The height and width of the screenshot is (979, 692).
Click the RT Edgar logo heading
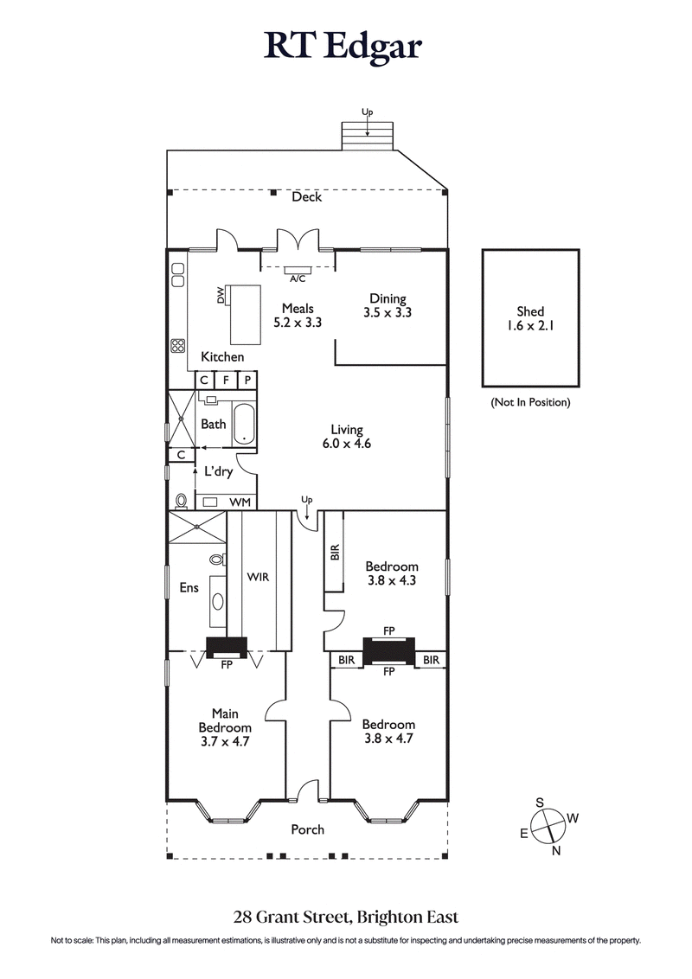343,47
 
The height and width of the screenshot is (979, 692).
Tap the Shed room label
530,318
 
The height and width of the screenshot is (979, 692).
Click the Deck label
306,197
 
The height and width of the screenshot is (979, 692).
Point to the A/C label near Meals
298,278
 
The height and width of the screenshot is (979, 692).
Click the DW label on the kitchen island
221,296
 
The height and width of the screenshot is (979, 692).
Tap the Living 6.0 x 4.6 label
346,436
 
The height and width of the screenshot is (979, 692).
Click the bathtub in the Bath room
245,424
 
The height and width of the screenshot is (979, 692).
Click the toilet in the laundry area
181,501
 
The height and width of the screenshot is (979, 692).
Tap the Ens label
189,588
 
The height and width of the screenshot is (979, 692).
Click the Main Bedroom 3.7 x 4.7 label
225,727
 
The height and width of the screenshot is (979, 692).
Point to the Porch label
307,829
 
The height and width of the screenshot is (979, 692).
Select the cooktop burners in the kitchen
178,345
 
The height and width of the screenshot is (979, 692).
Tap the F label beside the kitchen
226,380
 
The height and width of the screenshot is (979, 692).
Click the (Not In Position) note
530,402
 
